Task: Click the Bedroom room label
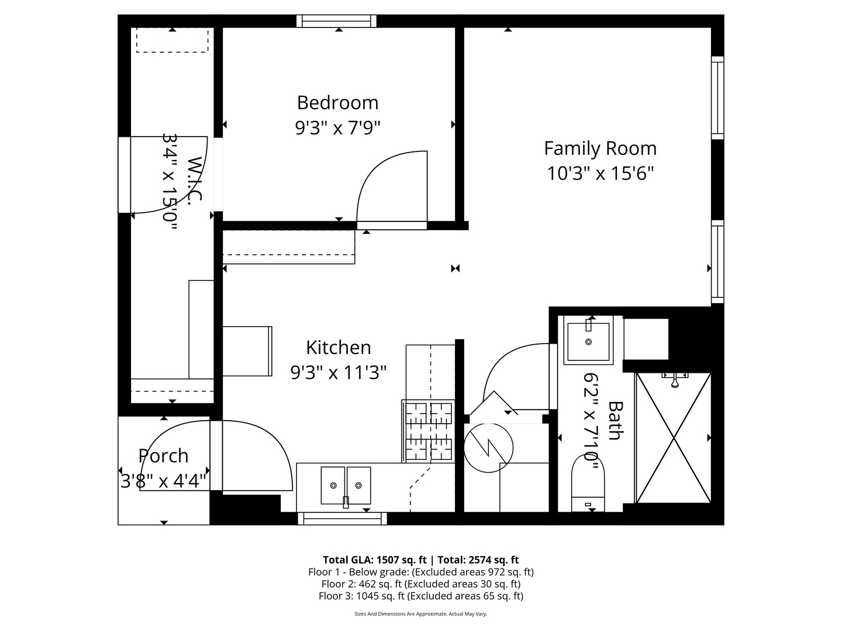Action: pyautogui.click(x=337, y=103)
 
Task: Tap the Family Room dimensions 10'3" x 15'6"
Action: pyautogui.click(x=600, y=174)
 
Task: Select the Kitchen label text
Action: pyautogui.click(x=338, y=348)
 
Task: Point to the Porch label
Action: pyautogui.click(x=163, y=456)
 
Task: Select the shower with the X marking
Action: pyautogui.click(x=673, y=438)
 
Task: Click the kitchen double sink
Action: pyautogui.click(x=346, y=485)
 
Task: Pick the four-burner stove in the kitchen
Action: pyautogui.click(x=429, y=431)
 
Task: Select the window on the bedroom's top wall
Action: pyautogui.click(x=336, y=22)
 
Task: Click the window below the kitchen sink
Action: pyautogui.click(x=342, y=518)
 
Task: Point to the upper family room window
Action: pyautogui.click(x=717, y=98)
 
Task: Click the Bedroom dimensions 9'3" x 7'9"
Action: pyautogui.click(x=337, y=127)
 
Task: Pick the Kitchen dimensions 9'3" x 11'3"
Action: pyautogui.click(x=338, y=372)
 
